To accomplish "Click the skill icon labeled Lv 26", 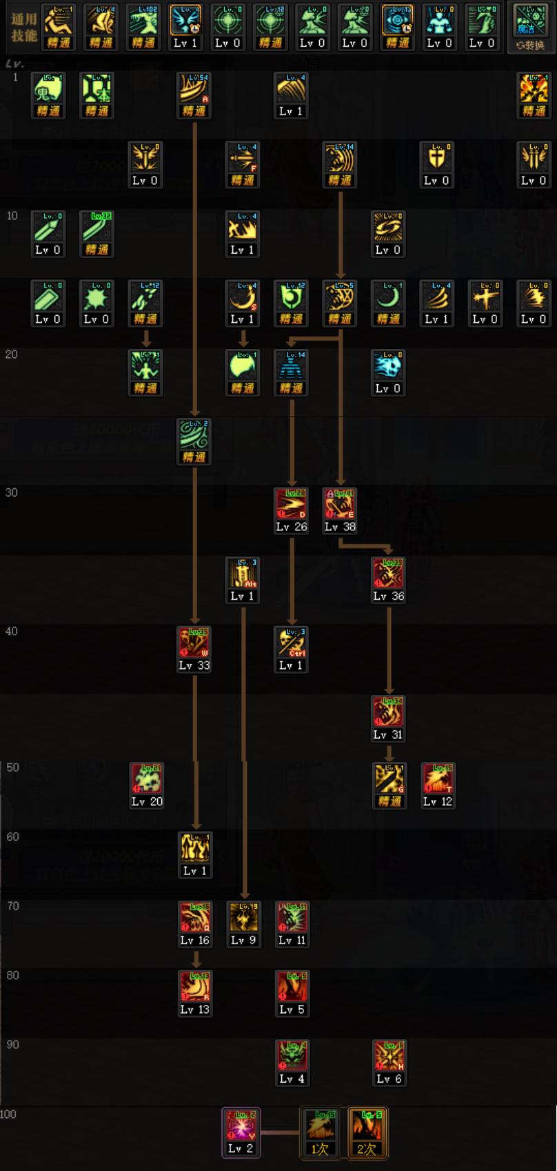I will click(x=291, y=504).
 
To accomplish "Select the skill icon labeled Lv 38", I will click(x=340, y=504).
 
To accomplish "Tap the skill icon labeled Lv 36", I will click(x=389, y=573).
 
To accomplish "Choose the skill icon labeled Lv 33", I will click(x=194, y=643).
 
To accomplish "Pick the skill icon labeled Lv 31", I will click(x=389, y=712).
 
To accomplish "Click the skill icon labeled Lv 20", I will click(x=147, y=779).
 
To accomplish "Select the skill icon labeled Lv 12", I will click(x=438, y=779).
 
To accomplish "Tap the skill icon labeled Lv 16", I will click(x=194, y=918).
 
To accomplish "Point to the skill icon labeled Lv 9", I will click(x=243, y=918).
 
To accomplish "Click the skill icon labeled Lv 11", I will click(x=292, y=918).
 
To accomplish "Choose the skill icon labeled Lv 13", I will click(x=194, y=987).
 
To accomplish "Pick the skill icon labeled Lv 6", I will click(x=389, y=1057).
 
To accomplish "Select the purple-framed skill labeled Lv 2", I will click(x=241, y=1126).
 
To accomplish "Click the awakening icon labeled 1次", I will click(x=320, y=1126).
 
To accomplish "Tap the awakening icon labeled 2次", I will click(x=367, y=1126).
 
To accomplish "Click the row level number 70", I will click(x=13, y=906).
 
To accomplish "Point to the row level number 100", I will click(x=8, y=1114).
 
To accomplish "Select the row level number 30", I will click(x=12, y=492).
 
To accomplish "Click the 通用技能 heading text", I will click(x=23, y=27).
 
